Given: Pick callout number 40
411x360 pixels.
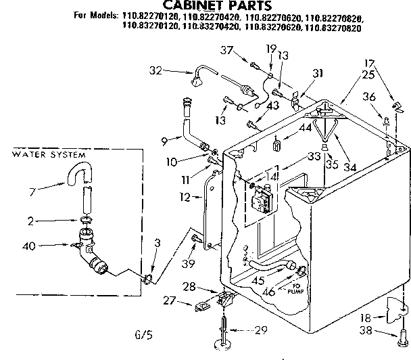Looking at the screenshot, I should click(x=28, y=246).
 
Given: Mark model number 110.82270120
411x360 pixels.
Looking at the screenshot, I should click(x=145, y=20).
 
